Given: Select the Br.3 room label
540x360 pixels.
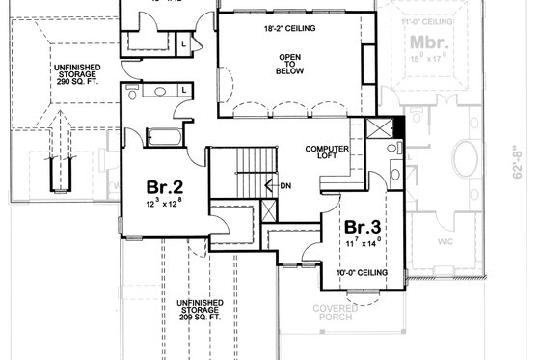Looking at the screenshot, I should [364, 229].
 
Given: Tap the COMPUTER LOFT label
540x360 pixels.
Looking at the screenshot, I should [326, 153].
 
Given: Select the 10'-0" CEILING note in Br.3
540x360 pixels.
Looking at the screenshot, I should [364, 274].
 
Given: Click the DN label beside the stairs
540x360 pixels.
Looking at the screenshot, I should [286, 184].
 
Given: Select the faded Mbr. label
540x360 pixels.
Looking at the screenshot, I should [425, 43].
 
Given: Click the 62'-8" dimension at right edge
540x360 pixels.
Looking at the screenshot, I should [526, 164].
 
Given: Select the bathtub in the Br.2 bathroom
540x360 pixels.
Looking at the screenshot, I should [165, 135].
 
